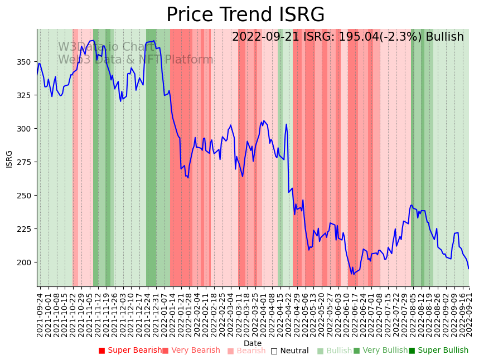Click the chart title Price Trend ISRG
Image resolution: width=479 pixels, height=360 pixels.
(x=245, y=15)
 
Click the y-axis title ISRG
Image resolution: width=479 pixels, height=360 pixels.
(x=9, y=159)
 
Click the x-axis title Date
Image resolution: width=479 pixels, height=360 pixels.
(x=253, y=343)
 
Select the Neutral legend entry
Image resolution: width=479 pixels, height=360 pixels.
(x=289, y=351)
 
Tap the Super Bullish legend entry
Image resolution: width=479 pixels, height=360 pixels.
(x=438, y=351)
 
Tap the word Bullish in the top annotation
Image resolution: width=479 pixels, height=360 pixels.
(x=444, y=37)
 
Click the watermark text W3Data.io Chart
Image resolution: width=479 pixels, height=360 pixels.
(x=106, y=47)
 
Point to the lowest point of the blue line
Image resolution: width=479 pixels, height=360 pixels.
(x=352, y=274)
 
